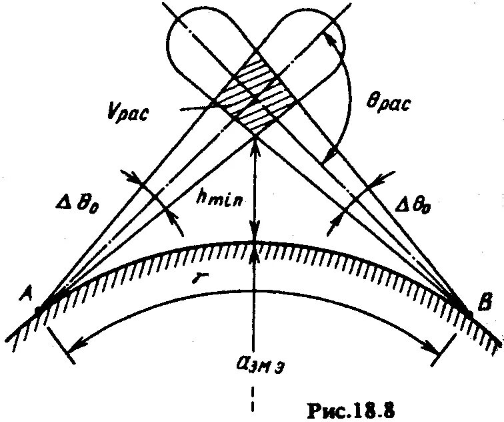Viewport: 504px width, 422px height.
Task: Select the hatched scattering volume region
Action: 257,97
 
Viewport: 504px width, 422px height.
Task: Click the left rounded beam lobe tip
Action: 175,33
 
